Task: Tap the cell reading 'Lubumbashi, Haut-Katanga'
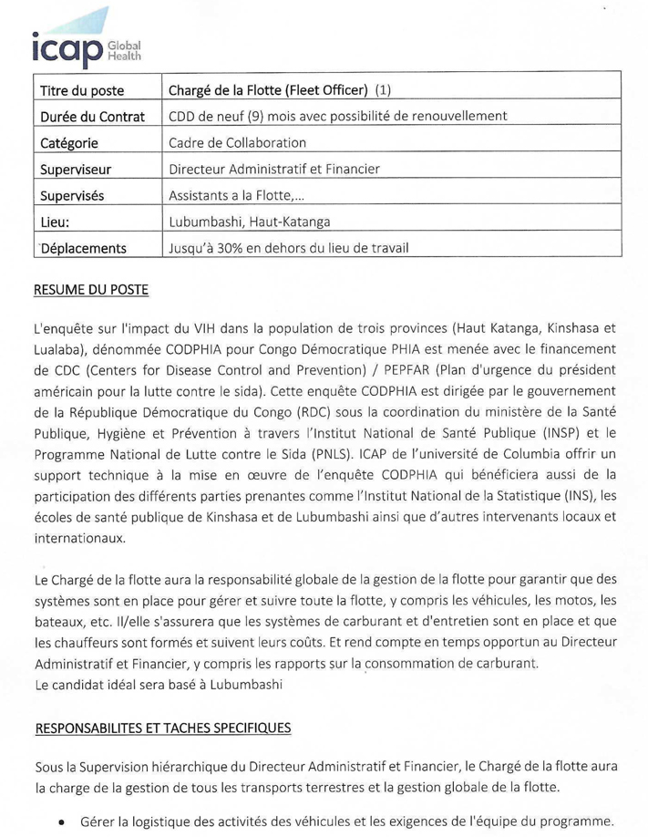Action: coord(249,221)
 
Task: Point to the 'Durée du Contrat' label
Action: coord(92,117)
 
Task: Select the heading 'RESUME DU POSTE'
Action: coord(90,291)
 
